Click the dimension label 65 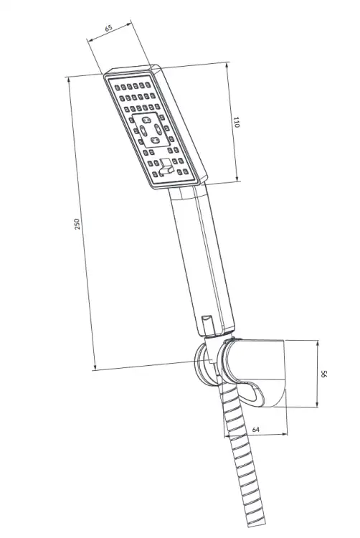click(x=108, y=27)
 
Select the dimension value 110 click(x=236, y=122)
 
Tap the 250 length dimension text click(x=77, y=224)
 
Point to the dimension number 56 click(x=323, y=374)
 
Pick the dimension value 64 click(x=256, y=429)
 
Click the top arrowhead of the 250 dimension click(x=70, y=80)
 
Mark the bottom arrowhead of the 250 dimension click(x=95, y=367)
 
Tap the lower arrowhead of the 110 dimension click(x=237, y=179)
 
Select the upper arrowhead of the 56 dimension click(x=318, y=344)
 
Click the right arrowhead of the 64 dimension click(x=284, y=434)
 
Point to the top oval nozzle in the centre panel click(x=146, y=120)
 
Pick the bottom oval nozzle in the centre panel click(x=155, y=140)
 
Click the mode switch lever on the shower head click(x=166, y=166)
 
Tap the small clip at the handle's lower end click(x=207, y=324)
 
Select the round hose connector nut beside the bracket click(x=204, y=364)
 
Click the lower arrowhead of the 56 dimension click(x=318, y=404)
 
